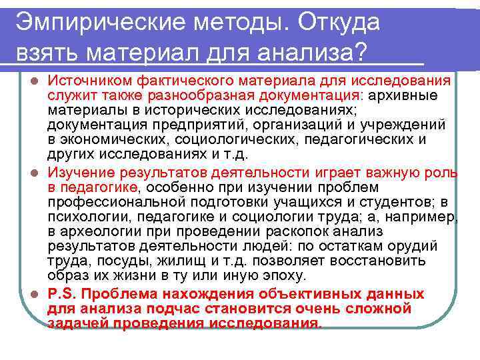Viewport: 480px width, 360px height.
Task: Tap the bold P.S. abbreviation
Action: pos(63,294)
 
